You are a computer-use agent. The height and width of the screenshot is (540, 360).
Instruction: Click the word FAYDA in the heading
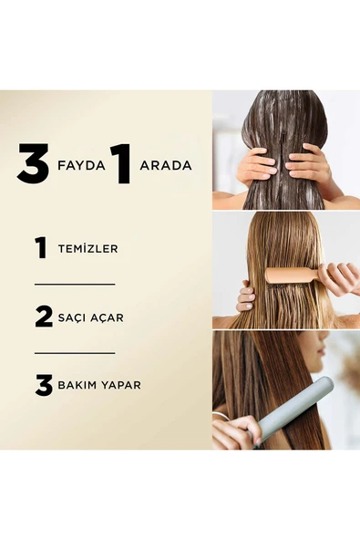tap(81, 166)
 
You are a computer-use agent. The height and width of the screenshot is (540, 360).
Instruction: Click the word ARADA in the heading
tap(166, 166)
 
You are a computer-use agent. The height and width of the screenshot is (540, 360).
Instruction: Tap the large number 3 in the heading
tap(33, 163)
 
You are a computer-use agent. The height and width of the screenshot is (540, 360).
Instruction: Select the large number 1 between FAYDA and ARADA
tap(121, 163)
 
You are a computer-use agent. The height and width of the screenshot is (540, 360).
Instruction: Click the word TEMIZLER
tap(87, 249)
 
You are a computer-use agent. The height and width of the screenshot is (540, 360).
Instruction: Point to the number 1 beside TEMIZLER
tap(41, 248)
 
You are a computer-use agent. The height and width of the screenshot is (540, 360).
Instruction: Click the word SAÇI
tap(71, 317)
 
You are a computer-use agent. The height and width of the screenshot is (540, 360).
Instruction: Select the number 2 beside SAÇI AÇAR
tap(44, 317)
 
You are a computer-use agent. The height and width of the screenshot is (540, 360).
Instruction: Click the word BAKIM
tap(76, 385)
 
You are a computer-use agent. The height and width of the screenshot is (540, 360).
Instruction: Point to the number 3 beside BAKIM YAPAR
tap(44, 385)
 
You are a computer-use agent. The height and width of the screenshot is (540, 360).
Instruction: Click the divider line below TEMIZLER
tap(75, 285)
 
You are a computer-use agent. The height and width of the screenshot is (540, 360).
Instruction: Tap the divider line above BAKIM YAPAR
tap(75, 353)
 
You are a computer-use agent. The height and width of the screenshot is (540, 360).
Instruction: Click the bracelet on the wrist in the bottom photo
tap(221, 418)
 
